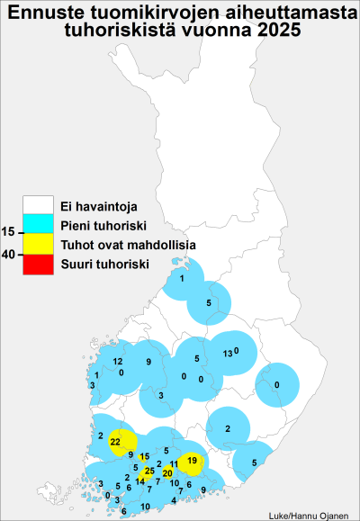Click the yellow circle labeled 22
pyautogui.click(x=116, y=442)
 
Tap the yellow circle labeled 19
pyautogui.click(x=191, y=462)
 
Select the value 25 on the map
pyautogui.click(x=148, y=471)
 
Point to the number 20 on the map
pyautogui.click(x=166, y=473)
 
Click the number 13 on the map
pyautogui.click(x=228, y=354)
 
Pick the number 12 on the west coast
pyautogui.click(x=118, y=362)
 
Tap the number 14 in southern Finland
pyautogui.click(x=139, y=481)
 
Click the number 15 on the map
pyautogui.click(x=144, y=457)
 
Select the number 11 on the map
pyautogui.click(x=174, y=463)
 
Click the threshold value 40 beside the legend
pyautogui.click(x=9, y=255)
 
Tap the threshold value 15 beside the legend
pyautogui.click(x=9, y=233)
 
